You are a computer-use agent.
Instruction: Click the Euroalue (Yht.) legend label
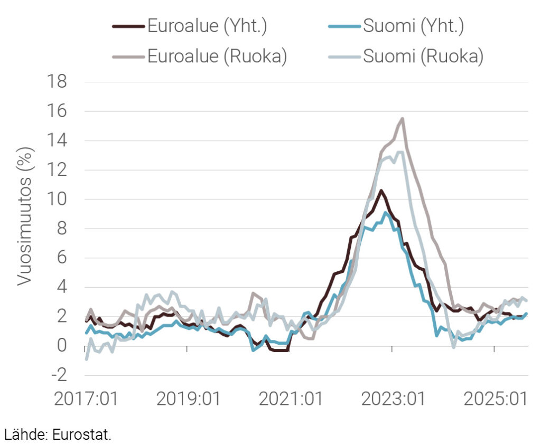207,26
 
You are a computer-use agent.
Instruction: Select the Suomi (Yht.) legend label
413,26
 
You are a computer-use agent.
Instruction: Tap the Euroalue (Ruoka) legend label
217,56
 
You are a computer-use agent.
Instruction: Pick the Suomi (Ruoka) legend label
423,56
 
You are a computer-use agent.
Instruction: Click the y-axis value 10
58,200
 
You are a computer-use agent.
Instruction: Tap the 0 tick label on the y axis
62,346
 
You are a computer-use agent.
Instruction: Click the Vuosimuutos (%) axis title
25,217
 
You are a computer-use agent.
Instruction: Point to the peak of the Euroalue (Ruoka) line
403,119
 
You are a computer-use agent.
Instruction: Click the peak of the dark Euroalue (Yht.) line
381,191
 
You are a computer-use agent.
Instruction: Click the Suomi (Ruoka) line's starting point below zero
86,359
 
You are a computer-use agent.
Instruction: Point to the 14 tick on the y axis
58,141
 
